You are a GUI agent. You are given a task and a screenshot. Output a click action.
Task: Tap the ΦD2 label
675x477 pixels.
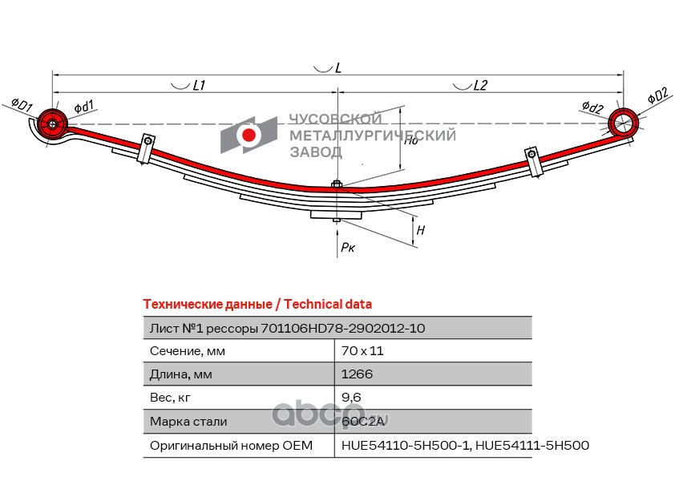[x=657, y=98]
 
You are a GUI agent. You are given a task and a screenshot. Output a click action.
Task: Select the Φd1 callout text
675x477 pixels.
[x=84, y=107]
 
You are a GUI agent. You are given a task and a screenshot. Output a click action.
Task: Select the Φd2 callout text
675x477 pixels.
[x=592, y=107]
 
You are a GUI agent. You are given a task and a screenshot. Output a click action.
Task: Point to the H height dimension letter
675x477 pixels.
[x=420, y=231]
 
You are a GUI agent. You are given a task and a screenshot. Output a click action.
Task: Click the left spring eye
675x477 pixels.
[x=51, y=124]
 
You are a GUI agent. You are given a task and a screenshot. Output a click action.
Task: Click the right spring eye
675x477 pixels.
[x=623, y=123]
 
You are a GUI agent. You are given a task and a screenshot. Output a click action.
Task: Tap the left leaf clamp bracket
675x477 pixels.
[x=146, y=149]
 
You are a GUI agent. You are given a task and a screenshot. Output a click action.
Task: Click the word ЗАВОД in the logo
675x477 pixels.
[x=309, y=151]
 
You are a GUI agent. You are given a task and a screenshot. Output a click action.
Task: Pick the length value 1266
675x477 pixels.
[x=357, y=374]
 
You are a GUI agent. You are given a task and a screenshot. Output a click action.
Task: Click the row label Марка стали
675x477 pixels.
[x=188, y=421]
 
